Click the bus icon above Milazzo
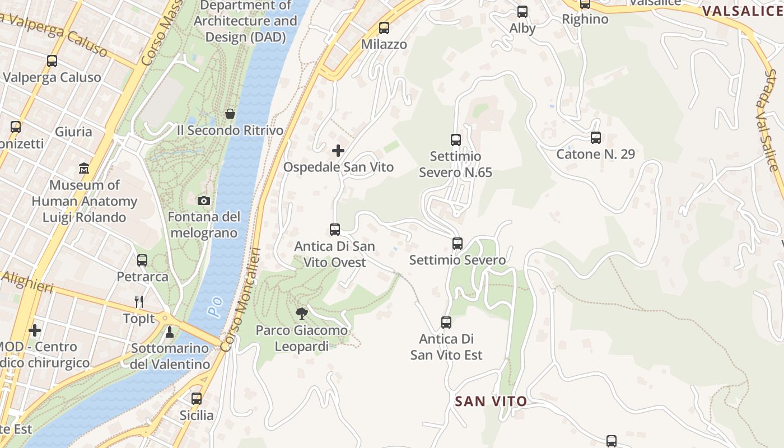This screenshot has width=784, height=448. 384,28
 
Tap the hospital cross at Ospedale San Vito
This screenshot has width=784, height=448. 338,151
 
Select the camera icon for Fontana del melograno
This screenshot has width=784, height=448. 204,200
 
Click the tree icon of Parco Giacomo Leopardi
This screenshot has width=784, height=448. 302,313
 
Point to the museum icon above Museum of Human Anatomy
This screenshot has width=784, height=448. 84,168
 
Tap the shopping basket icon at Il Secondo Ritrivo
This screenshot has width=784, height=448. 230,114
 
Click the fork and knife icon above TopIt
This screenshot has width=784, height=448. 139,302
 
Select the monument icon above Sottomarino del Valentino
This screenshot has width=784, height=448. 170,332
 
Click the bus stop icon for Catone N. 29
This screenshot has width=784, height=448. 596,137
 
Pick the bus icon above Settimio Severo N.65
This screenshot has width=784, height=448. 456,139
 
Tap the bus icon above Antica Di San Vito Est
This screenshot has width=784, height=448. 446,322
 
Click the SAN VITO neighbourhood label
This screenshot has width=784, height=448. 491,401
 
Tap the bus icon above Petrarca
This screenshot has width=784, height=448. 142,260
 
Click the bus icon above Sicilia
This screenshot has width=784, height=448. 197,399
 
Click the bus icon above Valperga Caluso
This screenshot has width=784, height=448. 52,61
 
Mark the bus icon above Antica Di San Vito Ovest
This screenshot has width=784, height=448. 335,229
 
